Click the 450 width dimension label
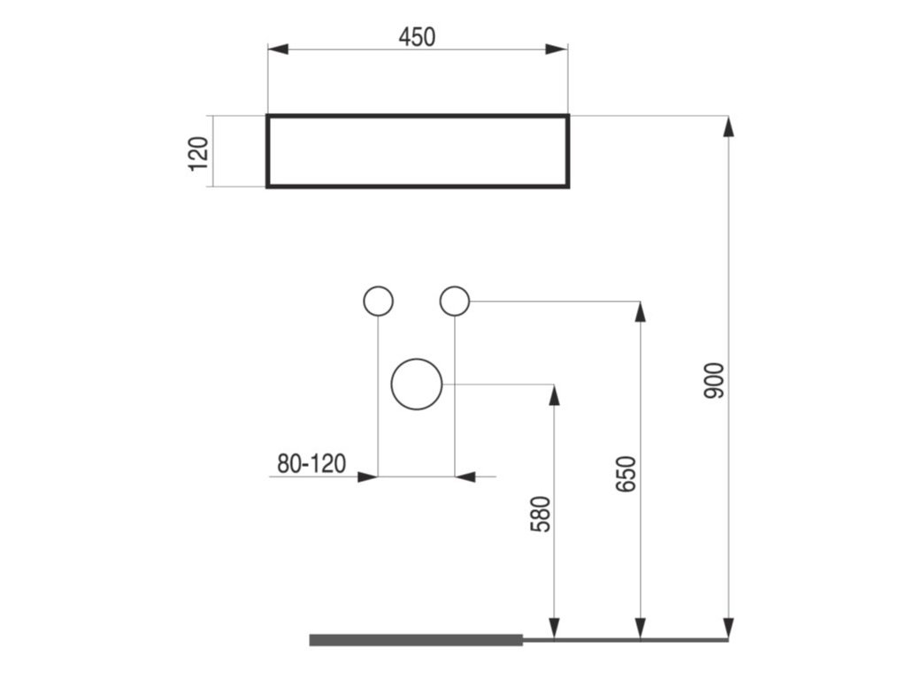pyautogui.click(x=418, y=36)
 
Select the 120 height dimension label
pyautogui.click(x=199, y=152)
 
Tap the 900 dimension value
pyautogui.click(x=715, y=379)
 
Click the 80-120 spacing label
pyautogui.click(x=311, y=463)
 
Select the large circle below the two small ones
pyautogui.click(x=417, y=385)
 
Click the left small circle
pyautogui.click(x=379, y=301)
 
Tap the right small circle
pyautogui.click(x=454, y=301)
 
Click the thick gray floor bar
pyautogui.click(x=416, y=640)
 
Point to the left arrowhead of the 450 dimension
pyautogui.click(x=279, y=49)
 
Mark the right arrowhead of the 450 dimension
pyautogui.click(x=557, y=49)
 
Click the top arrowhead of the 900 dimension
pyautogui.click(x=728, y=126)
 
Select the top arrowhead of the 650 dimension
pyautogui.click(x=641, y=312)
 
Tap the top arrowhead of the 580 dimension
pyautogui.click(x=554, y=395)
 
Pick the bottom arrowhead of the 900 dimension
pyautogui.click(x=728, y=628)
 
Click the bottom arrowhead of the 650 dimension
pyautogui.click(x=641, y=628)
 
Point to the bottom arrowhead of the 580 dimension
pyautogui.click(x=554, y=628)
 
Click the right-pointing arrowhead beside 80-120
pyautogui.click(x=368, y=477)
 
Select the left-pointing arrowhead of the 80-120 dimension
pyautogui.click(x=465, y=477)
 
